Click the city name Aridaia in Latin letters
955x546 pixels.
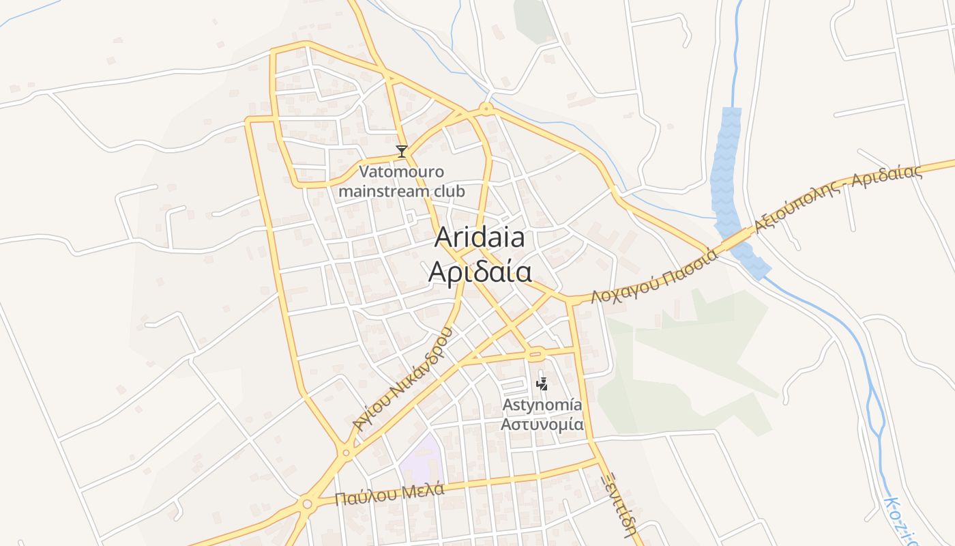480,238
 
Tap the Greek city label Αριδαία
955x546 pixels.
480,271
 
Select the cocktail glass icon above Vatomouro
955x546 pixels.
402,152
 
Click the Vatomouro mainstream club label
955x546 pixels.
402,181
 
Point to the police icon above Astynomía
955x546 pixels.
542,384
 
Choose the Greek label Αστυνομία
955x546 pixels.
542,424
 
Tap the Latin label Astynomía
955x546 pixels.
542,405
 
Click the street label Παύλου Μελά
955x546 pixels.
390,493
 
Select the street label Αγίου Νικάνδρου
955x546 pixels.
402,379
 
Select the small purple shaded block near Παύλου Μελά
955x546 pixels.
422,461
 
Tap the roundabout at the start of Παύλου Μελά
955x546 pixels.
306,504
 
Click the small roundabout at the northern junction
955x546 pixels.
486,108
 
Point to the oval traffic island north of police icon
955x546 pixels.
535,354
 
